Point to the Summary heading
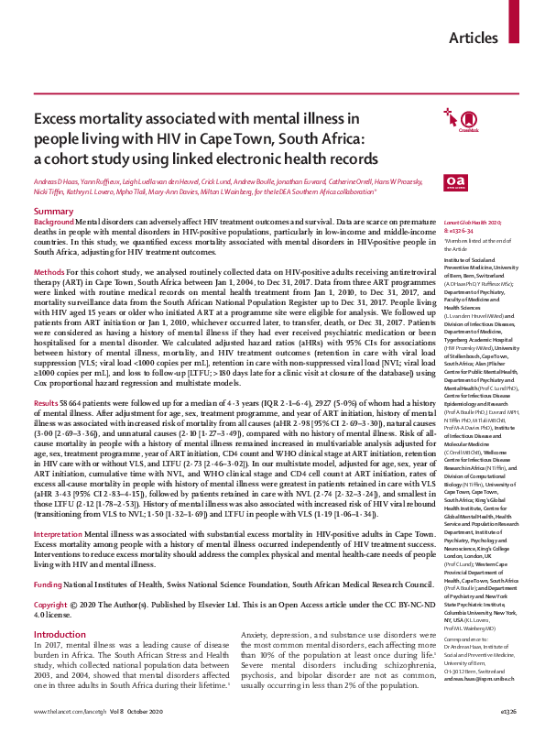pos(53,212)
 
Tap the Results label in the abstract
pos(48,402)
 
